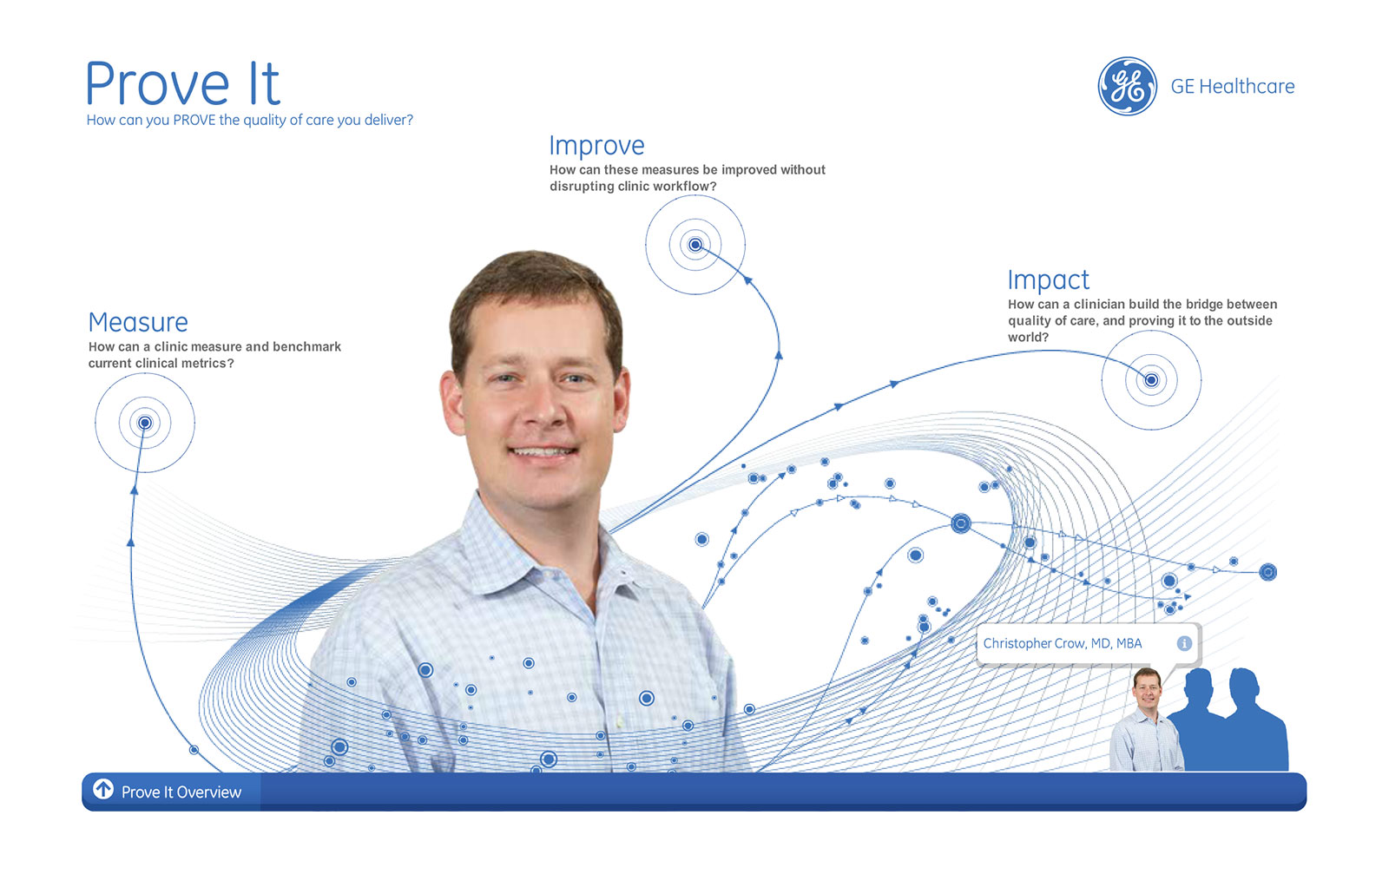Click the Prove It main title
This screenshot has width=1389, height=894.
(182, 83)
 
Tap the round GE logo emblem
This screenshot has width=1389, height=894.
(1128, 86)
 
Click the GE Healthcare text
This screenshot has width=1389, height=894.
(1232, 86)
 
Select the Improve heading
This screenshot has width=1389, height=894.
(596, 146)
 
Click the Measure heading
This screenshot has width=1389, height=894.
(138, 322)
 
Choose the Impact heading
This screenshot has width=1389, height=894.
(1048, 280)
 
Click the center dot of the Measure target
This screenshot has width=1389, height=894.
(144, 423)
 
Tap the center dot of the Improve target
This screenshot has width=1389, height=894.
(695, 245)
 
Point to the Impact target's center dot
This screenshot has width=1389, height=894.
(1151, 380)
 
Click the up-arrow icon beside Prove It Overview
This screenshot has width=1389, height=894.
(103, 789)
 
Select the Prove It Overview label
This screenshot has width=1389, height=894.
(181, 792)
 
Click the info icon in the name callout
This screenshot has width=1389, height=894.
(1184, 643)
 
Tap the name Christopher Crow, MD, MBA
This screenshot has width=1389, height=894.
(1063, 643)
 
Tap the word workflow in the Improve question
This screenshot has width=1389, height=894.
(676, 187)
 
